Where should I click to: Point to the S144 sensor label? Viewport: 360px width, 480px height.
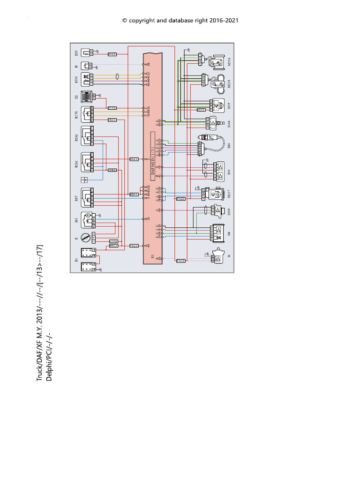(x=229, y=124)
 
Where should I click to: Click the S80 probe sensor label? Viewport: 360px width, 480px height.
(x=229, y=145)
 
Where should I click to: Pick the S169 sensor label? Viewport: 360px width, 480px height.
(x=229, y=211)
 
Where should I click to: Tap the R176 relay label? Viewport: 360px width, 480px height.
(x=76, y=114)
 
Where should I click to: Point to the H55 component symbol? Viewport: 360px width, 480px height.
(x=88, y=53)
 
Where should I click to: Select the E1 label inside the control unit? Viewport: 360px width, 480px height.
(x=152, y=256)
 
